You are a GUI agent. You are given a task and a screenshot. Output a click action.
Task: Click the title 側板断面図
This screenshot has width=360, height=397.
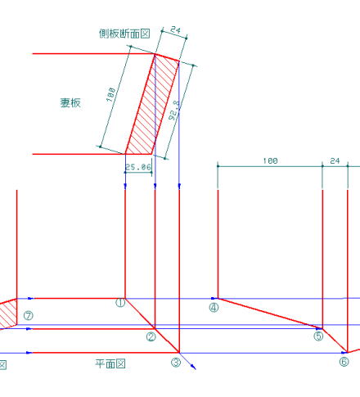coord(124,34)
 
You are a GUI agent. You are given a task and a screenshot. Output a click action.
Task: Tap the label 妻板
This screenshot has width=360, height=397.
coord(70,103)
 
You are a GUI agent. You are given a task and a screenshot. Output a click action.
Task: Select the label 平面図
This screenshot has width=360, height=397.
coord(110,363)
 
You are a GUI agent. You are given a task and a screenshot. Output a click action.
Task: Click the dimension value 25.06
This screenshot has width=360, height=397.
coord(138,167)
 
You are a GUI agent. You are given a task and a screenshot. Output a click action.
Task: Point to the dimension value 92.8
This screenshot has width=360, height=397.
coord(174,111)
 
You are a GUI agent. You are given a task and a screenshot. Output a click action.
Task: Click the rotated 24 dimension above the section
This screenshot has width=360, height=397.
coord(175,29)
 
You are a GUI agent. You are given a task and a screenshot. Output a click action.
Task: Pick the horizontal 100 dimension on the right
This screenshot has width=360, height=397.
coord(270,161)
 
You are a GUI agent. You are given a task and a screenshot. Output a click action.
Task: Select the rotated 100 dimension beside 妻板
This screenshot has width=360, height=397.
coord(111,94)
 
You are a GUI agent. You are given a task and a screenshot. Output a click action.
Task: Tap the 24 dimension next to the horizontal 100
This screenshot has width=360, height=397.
coord(335,161)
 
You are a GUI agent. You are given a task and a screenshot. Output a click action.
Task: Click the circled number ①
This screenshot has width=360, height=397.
coord(120,303)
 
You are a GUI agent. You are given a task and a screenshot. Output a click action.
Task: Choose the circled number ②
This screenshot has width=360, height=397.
coord(151,337)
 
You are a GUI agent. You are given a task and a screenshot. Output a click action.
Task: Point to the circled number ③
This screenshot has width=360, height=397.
coord(176,363)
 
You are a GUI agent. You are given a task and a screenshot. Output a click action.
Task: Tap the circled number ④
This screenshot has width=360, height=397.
coord(214,308)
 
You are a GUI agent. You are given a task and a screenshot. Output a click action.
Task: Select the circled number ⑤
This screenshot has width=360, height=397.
coord(318,336)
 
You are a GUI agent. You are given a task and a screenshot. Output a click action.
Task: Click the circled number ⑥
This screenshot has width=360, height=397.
coord(344,362)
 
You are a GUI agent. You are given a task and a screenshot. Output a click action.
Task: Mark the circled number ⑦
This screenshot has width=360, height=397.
coord(28,316)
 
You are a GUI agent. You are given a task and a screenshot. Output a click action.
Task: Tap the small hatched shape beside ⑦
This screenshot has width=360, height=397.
coord(8,314)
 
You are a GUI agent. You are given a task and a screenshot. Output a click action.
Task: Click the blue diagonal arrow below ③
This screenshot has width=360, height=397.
coord(187,361)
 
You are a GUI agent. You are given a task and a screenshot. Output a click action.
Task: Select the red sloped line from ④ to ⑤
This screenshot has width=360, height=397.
coord(270,314)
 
